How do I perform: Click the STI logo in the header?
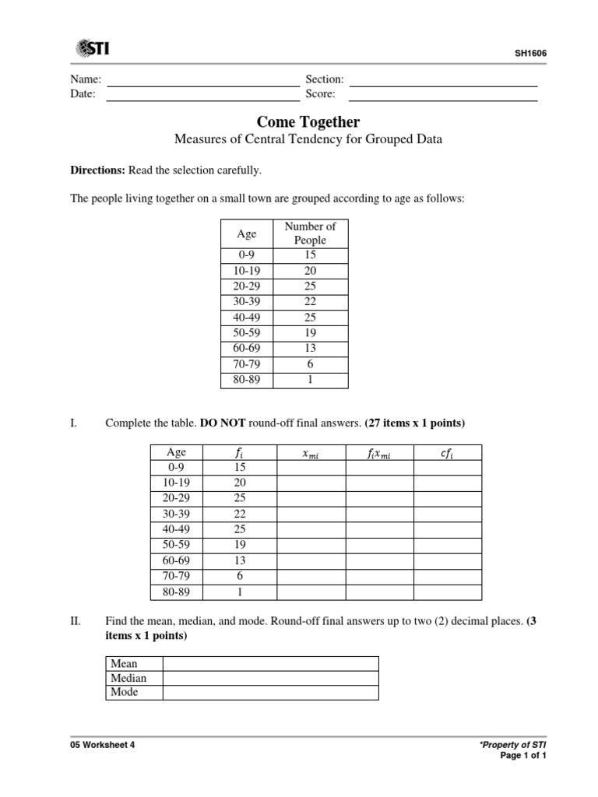tap(93, 49)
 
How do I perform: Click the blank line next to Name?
tap(202, 80)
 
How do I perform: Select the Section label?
tap(325, 80)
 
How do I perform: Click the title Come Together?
tap(308, 122)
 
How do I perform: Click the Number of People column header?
tap(310, 233)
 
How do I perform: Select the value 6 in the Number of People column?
tap(310, 364)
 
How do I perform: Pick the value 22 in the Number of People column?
tap(310, 302)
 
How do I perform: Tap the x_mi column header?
tap(311, 453)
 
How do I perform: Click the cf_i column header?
tap(447, 453)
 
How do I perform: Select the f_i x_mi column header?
tap(379, 453)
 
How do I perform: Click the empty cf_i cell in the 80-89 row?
tap(447, 592)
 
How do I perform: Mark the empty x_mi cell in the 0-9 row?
tap(311, 468)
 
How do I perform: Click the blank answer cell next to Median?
tap(270, 678)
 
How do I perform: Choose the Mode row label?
tap(125, 692)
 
